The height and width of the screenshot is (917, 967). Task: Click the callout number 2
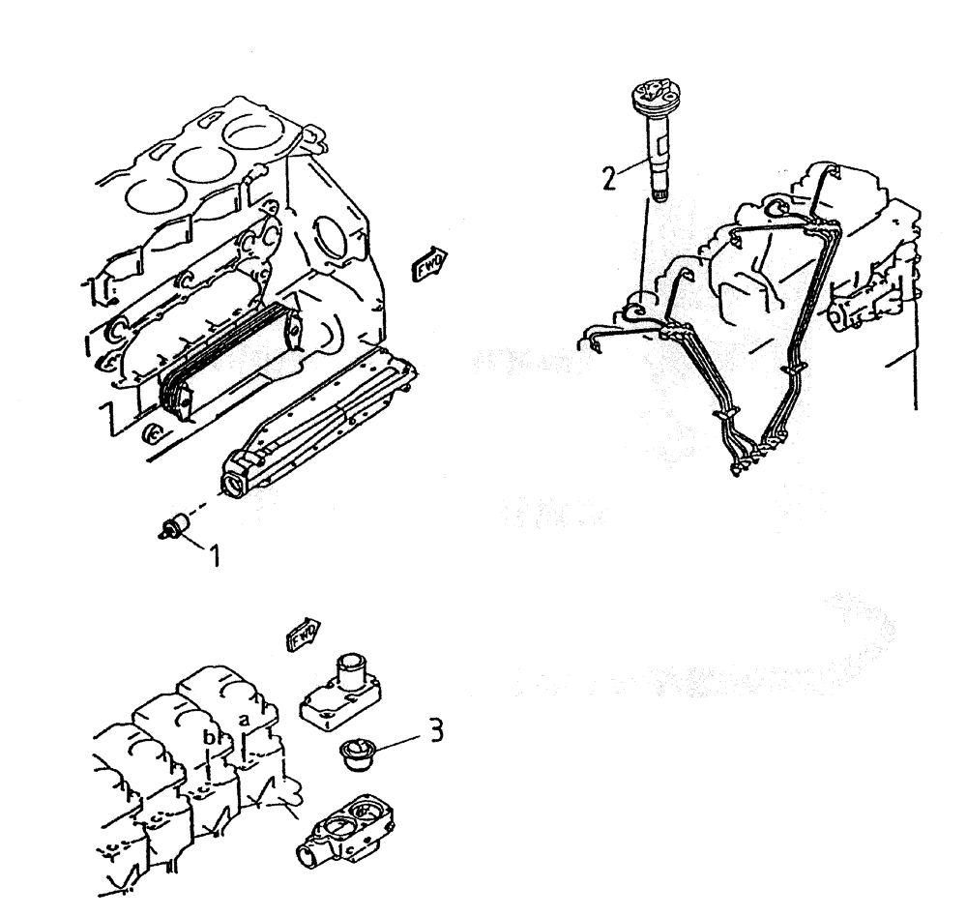[607, 177]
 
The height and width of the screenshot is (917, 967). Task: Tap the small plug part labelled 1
[174, 525]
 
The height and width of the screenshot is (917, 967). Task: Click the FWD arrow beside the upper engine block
[429, 263]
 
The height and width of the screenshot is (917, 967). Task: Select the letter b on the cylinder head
[208, 737]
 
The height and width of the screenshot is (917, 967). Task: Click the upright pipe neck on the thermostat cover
[349, 667]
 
